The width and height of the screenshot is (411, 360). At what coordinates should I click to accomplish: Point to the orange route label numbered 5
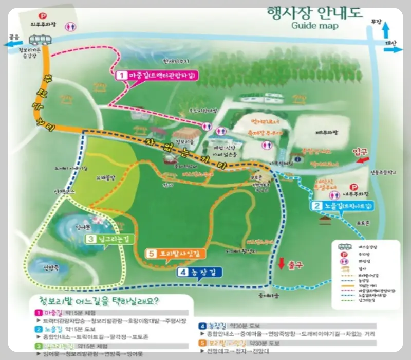(x=176, y=254)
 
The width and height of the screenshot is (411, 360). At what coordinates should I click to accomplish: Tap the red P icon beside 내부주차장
(x=353, y=187)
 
